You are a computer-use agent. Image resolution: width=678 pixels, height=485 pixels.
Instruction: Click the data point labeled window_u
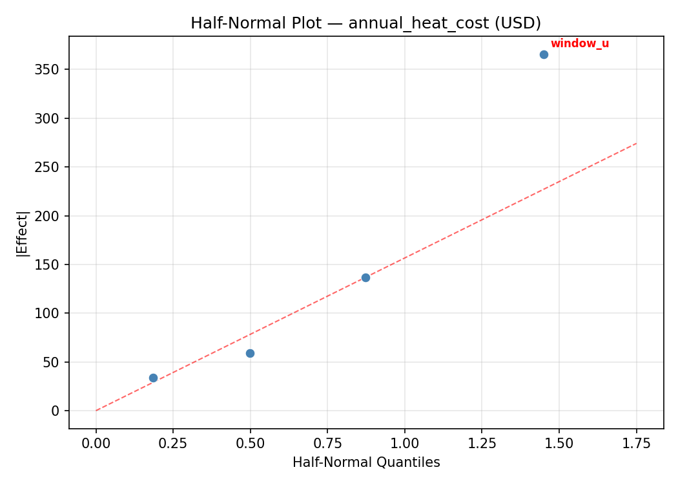544,55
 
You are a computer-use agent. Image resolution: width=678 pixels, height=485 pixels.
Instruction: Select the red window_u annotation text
579,44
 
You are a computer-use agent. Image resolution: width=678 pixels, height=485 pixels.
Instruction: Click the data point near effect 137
365,277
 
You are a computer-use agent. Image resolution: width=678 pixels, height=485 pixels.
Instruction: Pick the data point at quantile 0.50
250,353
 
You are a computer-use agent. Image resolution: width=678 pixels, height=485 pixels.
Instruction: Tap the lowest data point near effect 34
153,378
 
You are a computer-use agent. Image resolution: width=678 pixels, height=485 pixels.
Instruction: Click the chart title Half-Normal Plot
365,23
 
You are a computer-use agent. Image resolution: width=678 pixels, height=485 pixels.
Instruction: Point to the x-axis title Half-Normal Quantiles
365,462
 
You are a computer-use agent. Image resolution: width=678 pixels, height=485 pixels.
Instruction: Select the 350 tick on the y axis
52,69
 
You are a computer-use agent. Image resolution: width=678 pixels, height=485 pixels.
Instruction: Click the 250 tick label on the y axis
52,167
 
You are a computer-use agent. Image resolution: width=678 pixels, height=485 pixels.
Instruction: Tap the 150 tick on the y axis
52,264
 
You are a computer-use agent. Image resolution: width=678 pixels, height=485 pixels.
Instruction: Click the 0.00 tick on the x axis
96,443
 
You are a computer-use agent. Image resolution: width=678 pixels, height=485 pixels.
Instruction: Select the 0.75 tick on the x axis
327,443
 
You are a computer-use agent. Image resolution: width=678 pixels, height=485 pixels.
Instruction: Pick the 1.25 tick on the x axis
481,443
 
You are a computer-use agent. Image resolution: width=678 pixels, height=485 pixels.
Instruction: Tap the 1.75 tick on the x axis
635,443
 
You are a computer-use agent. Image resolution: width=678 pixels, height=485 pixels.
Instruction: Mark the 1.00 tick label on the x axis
404,443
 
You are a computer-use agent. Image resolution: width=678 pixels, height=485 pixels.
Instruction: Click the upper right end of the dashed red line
636,143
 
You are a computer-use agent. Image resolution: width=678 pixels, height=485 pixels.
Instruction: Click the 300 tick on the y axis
52,118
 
